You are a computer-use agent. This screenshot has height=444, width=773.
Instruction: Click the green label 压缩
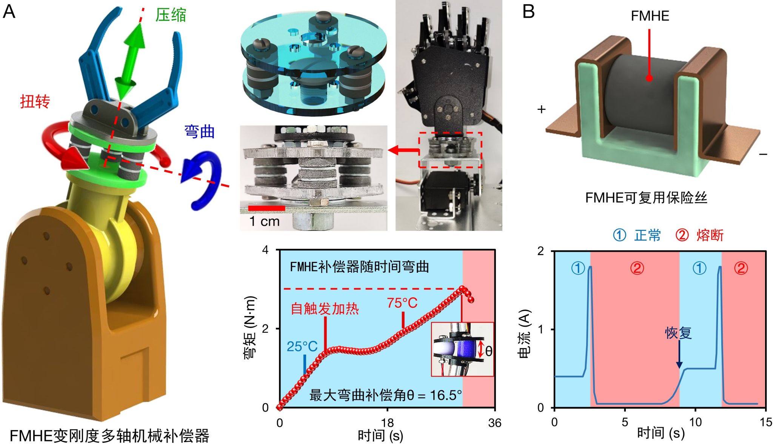click(171, 15)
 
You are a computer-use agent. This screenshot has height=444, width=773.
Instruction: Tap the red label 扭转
click(35, 101)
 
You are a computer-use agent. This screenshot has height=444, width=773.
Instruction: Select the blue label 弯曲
click(199, 132)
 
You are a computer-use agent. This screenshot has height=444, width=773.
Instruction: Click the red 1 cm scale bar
click(266, 208)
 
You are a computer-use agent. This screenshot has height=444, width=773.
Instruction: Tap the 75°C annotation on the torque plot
click(402, 303)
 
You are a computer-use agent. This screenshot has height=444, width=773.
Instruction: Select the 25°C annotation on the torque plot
click(302, 346)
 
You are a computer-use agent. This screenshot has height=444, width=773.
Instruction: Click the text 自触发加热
click(325, 309)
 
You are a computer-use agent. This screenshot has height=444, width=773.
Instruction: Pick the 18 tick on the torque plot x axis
click(387, 423)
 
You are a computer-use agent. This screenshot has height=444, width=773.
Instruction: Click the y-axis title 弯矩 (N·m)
click(250, 327)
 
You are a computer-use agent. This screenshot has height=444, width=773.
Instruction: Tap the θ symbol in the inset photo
click(488, 351)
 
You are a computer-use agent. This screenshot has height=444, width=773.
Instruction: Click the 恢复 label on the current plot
click(678, 333)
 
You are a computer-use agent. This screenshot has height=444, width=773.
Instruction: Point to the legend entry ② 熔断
click(699, 235)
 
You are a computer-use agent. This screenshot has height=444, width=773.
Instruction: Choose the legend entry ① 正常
click(637, 235)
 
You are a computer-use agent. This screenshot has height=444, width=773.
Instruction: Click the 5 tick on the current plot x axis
click(625, 422)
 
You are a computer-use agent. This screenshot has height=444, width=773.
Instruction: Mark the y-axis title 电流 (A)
click(525, 334)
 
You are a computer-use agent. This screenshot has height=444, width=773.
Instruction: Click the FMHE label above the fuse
click(650, 16)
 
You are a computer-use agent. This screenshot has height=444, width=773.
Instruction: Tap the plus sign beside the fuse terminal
click(542, 109)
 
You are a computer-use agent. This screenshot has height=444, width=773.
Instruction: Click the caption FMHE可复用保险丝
click(646, 198)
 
